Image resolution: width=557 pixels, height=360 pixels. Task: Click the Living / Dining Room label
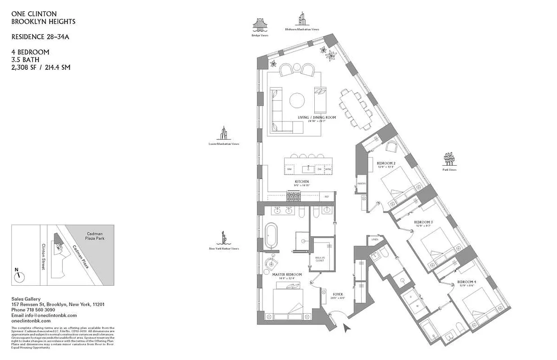pyautogui.click(x=317, y=118)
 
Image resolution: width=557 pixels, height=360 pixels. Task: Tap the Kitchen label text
pyautogui.click(x=302, y=182)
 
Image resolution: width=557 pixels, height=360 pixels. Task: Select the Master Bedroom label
pyautogui.click(x=287, y=274)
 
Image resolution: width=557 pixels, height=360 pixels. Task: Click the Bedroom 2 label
pyautogui.click(x=386, y=163)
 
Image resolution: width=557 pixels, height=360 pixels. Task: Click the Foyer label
pyautogui.click(x=337, y=295)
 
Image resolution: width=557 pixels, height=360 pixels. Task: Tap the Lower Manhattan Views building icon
pyautogui.click(x=223, y=133)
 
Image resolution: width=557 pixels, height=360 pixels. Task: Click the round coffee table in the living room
pyautogui.click(x=297, y=100)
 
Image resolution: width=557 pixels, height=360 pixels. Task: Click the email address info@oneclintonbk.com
pyautogui.click(x=44, y=315)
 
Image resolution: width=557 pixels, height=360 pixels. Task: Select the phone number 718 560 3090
pyautogui.click(x=40, y=310)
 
